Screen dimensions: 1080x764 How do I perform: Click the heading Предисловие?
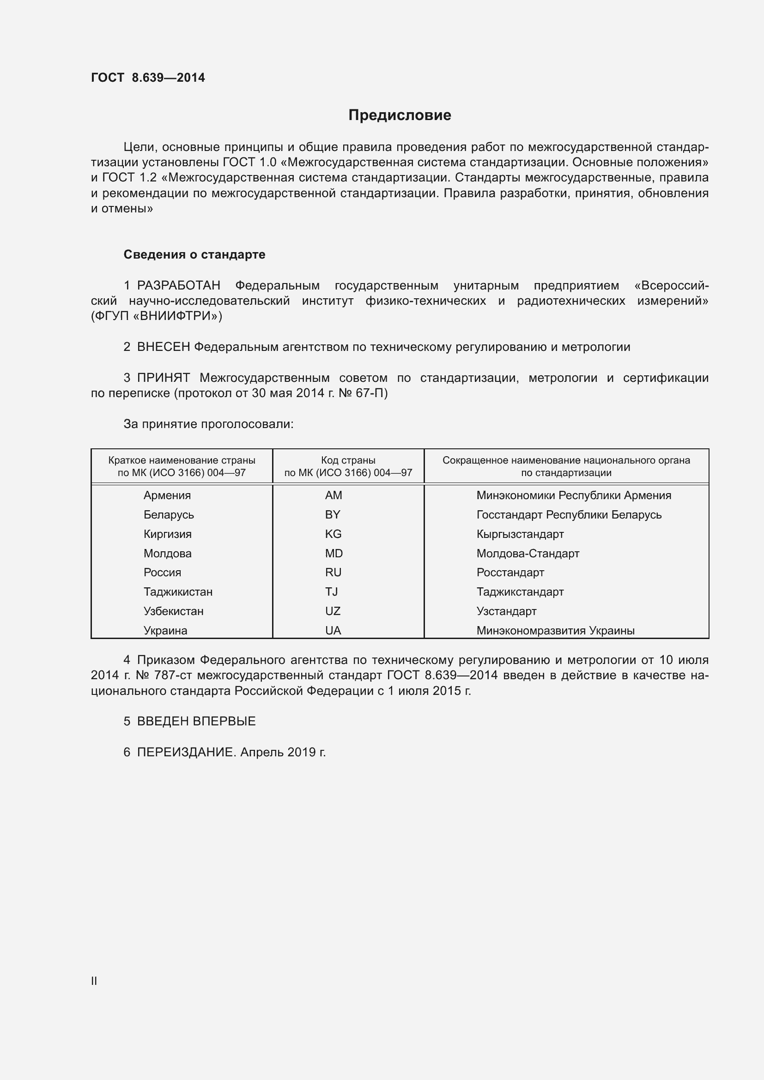[x=400, y=115]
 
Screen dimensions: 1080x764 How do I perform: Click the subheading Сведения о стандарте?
[x=194, y=254]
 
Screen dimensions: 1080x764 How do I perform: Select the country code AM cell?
[x=333, y=495]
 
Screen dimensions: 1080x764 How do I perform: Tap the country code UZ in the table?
[x=333, y=611]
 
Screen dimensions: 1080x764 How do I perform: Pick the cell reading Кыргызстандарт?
[x=520, y=534]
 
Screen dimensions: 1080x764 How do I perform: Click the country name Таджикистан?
[x=178, y=592]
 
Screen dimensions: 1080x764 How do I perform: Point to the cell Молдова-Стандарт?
[x=528, y=554]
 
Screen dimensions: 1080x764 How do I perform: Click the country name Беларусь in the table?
[x=169, y=514]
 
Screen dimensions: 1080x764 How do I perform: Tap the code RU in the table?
[x=333, y=573]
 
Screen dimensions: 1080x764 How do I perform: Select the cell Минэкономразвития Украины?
[x=555, y=631]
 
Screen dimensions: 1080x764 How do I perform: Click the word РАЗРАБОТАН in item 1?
[x=178, y=285]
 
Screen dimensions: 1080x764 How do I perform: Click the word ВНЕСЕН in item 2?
[x=163, y=347]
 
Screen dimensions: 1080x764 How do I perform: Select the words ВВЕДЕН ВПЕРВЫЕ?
[x=196, y=722]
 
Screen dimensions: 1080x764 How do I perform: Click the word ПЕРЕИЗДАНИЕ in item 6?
[x=185, y=752]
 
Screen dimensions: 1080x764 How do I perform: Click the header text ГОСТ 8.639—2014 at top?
[x=148, y=78]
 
